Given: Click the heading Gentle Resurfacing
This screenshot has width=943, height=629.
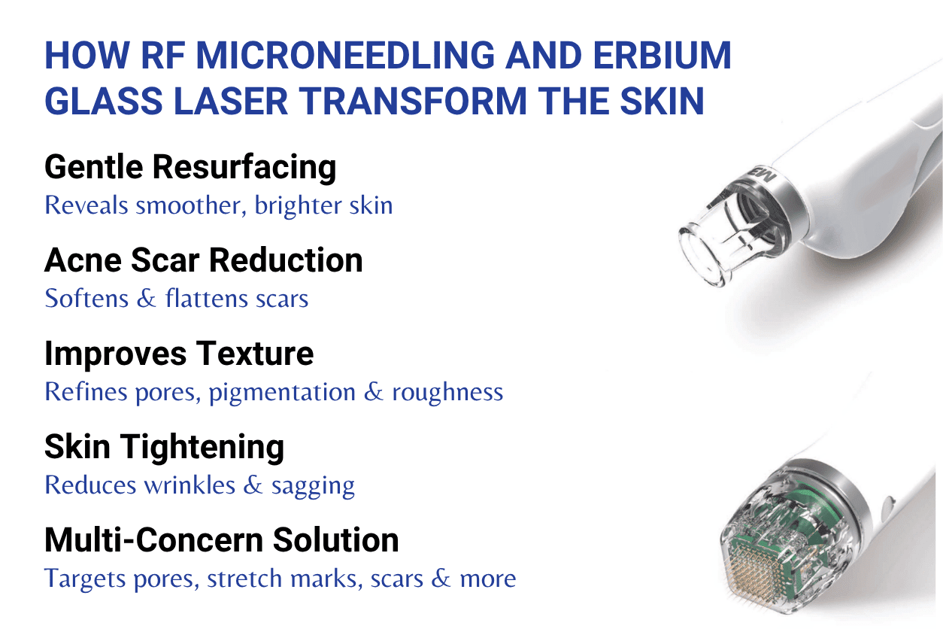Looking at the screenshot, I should pos(190,167).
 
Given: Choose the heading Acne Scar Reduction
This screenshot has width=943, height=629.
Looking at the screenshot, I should pos(203,260).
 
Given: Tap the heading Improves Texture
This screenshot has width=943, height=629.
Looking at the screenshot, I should pos(179,354).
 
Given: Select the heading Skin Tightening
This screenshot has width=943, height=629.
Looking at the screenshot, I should pos(164,447).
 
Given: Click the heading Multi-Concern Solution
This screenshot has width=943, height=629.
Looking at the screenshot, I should pos(221,540).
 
